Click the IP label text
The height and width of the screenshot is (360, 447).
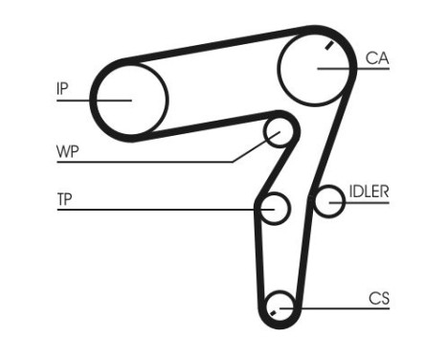pos(62,89)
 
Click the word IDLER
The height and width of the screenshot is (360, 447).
pos(368,191)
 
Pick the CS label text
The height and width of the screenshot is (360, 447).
pos(379,298)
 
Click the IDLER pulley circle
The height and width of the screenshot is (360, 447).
pos(330,201)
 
